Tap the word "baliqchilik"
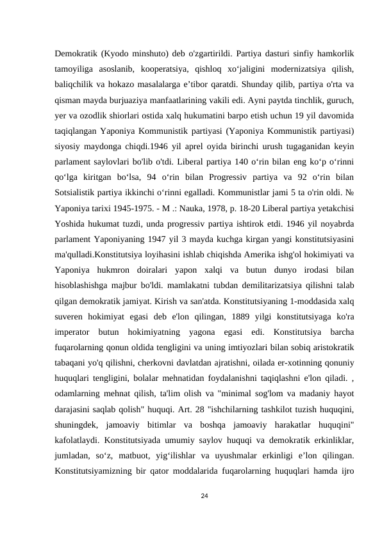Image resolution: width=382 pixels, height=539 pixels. [x=75, y=84]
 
